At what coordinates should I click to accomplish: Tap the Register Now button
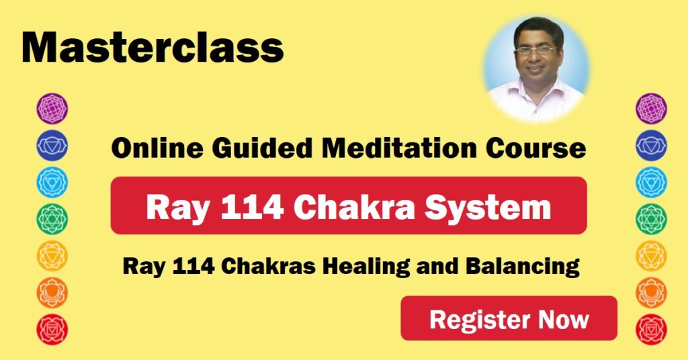pyautogui.click(x=509, y=318)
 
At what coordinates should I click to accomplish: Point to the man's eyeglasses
pyautogui.click(x=535, y=50)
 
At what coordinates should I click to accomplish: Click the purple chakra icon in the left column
pyautogui.click(x=52, y=109)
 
